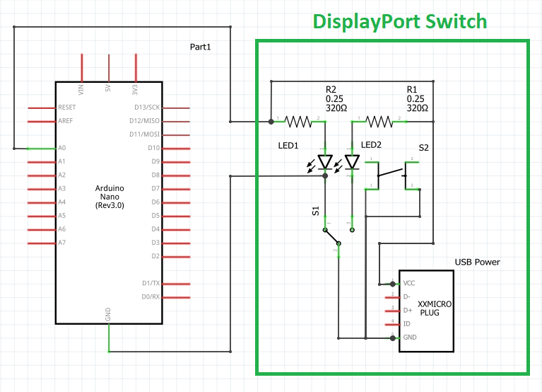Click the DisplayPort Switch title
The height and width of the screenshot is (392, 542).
point(400,21)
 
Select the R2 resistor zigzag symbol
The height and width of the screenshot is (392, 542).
point(300,122)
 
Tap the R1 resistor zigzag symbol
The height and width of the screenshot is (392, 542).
point(380,122)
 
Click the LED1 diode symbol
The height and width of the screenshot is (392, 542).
point(325,162)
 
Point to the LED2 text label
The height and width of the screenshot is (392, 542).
point(371,145)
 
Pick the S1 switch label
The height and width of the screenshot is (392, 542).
point(316,212)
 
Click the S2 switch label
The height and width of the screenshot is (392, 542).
point(423,148)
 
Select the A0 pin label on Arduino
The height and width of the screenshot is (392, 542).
point(62,149)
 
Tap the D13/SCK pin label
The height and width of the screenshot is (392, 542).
point(148,108)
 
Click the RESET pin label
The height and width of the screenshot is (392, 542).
point(67,108)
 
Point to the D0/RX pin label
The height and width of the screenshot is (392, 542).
point(150,296)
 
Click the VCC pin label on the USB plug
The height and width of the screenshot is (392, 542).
point(410,283)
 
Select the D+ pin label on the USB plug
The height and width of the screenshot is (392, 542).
point(407,310)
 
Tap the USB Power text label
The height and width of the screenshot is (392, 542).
point(477,262)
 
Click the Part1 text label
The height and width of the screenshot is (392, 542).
point(201,47)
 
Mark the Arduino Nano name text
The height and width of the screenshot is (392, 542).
point(109,196)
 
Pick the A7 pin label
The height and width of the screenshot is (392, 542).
point(62,243)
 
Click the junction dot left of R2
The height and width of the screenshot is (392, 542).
point(271,122)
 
